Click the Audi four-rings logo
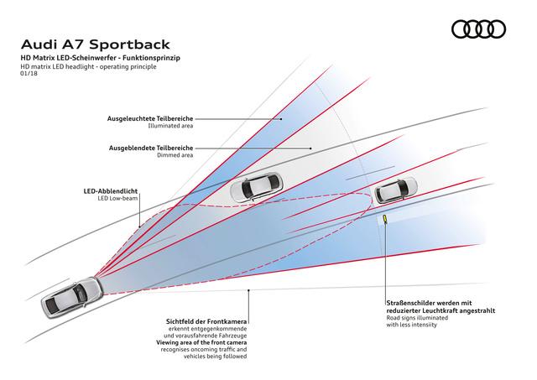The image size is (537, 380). (478, 29)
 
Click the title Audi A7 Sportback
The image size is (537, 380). (96, 44)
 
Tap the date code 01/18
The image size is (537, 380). (29, 73)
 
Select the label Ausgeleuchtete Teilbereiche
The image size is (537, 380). (150, 118)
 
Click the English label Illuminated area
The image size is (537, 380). (170, 126)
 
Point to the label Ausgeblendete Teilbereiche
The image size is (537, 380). (151, 148)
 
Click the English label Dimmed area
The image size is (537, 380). (175, 155)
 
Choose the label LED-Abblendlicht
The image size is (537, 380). (111, 191)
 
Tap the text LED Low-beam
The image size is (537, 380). (117, 198)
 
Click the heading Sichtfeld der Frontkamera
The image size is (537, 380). (206, 322)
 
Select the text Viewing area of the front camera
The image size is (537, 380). (201, 342)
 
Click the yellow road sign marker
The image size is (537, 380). (385, 218)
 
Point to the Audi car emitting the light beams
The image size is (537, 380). (72, 298)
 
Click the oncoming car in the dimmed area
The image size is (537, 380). (257, 186)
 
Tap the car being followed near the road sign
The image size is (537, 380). (396, 190)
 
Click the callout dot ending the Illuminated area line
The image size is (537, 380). (281, 119)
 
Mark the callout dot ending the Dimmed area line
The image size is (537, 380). (310, 148)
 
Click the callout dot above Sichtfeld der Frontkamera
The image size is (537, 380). (248, 290)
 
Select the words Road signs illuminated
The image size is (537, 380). (417, 318)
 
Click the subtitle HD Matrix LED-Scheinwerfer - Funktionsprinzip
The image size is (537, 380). (100, 58)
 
